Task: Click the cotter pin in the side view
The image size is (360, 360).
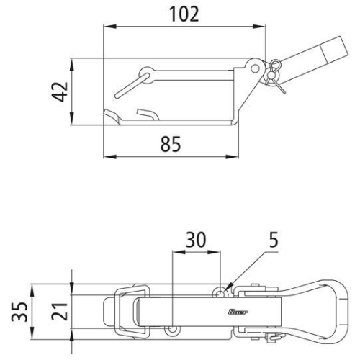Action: click(274, 74)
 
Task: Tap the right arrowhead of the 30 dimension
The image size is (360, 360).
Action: click(219, 252)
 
